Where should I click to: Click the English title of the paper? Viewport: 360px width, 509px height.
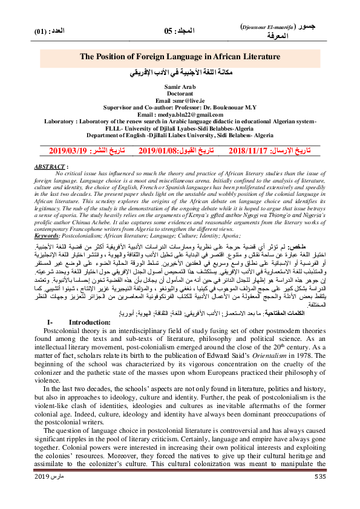180,56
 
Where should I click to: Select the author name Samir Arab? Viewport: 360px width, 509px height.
180,88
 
